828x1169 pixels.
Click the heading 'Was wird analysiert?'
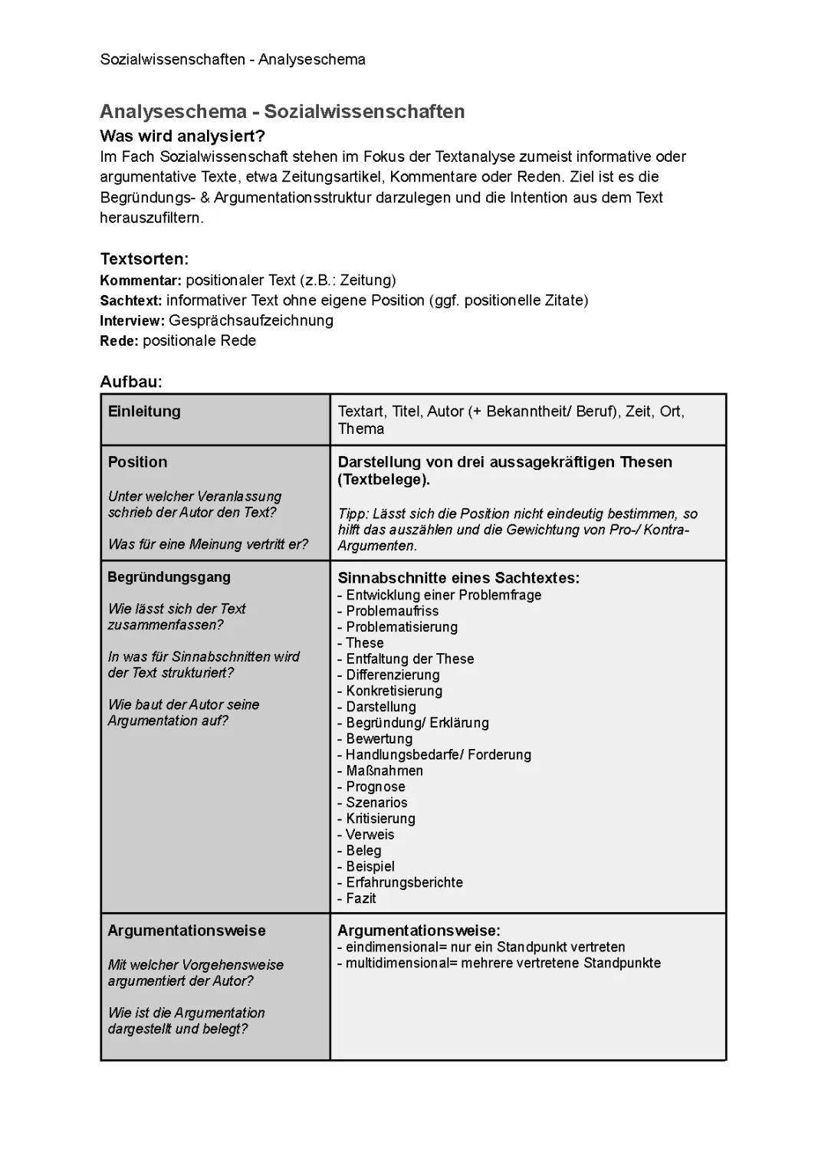click(x=182, y=136)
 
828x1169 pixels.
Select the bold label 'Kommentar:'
click(x=141, y=280)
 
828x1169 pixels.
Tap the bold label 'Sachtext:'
click(x=131, y=300)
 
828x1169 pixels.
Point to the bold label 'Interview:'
click(x=133, y=320)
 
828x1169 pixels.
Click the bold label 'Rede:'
click(x=119, y=341)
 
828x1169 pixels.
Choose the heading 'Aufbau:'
click(x=131, y=382)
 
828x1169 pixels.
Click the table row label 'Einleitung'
click(x=144, y=412)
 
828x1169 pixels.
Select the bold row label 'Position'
click(x=137, y=462)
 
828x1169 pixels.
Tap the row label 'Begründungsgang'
click(x=169, y=577)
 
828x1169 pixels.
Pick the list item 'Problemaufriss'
click(x=392, y=611)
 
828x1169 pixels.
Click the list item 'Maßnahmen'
click(x=383, y=770)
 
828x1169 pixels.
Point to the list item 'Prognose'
click(x=375, y=786)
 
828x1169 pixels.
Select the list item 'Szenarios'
click(x=376, y=803)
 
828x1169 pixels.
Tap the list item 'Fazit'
click(x=360, y=898)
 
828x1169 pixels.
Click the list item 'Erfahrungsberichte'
click(x=404, y=882)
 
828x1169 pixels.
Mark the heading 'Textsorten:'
click(x=144, y=259)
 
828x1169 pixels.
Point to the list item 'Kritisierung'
click(x=380, y=819)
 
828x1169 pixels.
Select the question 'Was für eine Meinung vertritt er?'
click(x=208, y=544)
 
